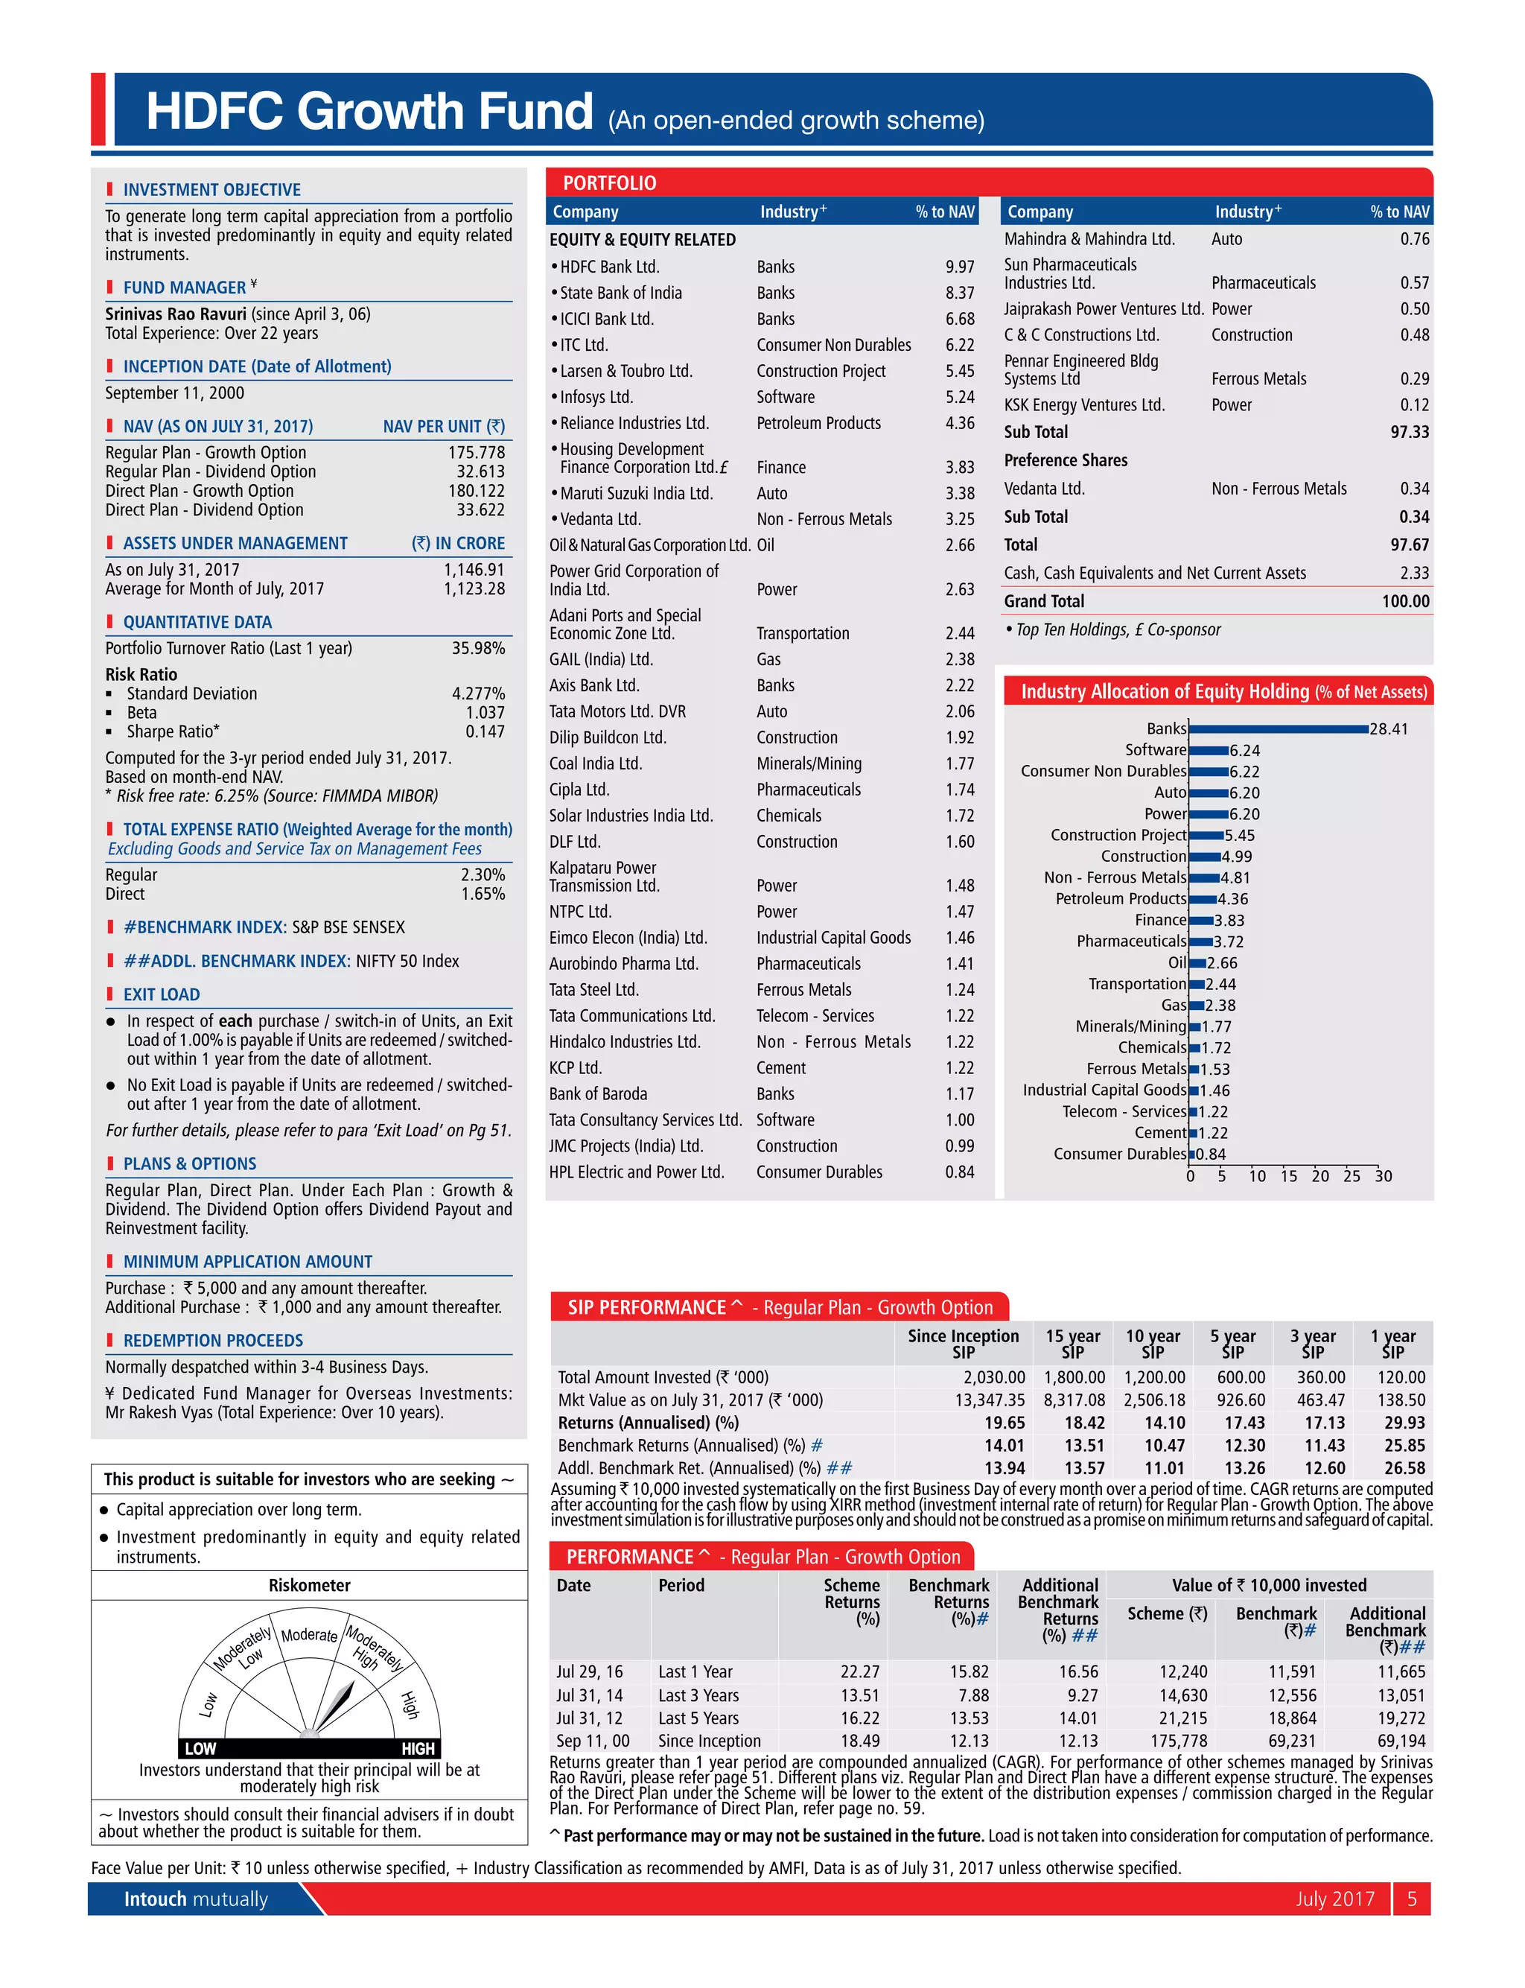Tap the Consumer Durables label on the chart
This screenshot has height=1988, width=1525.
(1119, 1154)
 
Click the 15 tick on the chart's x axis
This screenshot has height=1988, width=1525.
(1288, 1176)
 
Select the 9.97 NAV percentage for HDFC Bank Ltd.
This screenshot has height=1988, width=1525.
(960, 267)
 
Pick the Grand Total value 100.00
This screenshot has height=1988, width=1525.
(1405, 601)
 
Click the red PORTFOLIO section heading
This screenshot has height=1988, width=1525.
(609, 183)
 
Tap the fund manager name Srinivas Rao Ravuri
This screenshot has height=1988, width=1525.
(175, 314)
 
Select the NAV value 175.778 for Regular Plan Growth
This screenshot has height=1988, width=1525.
(477, 452)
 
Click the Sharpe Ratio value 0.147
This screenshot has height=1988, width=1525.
(485, 731)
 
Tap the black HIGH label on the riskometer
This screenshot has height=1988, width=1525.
(418, 1748)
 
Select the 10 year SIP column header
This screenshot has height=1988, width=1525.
(1152, 1344)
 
